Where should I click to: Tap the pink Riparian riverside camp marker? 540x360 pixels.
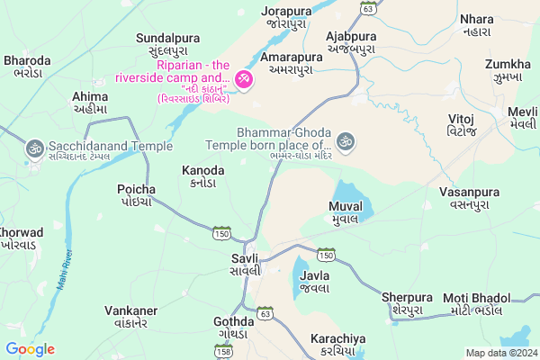[242, 81]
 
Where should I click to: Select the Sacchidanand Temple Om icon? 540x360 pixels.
[35, 146]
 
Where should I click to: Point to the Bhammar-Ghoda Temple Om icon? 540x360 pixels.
[346, 141]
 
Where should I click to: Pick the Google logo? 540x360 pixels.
[30, 349]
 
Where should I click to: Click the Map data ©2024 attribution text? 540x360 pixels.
[500, 353]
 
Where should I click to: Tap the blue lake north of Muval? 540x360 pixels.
[348, 193]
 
